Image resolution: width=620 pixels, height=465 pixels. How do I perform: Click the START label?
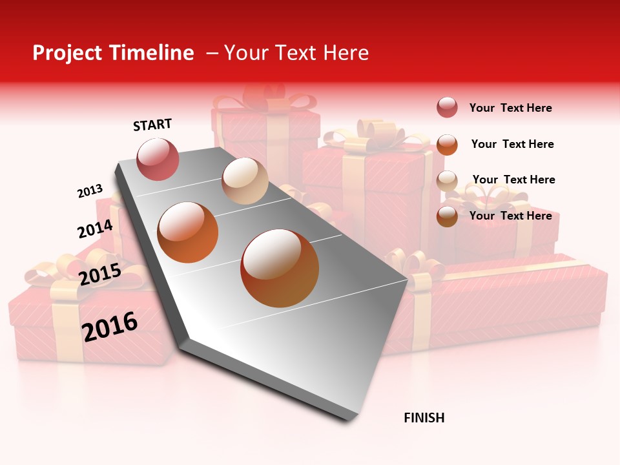pyautogui.click(x=152, y=125)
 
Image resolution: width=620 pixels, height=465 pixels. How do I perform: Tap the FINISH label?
pyautogui.click(x=424, y=418)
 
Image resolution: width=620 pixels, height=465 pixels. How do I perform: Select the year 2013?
pyautogui.click(x=90, y=191)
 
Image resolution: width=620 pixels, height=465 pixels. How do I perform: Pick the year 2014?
pyautogui.click(x=95, y=229)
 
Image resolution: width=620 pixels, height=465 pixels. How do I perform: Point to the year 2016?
pyautogui.click(x=110, y=326)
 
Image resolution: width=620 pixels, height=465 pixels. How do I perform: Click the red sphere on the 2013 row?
pyautogui.click(x=158, y=159)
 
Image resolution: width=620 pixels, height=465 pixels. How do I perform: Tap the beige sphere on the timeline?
pyautogui.click(x=245, y=181)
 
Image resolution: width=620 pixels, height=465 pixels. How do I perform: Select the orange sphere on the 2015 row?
pyautogui.click(x=187, y=232)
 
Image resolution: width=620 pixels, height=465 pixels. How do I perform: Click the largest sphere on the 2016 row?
pyautogui.click(x=279, y=267)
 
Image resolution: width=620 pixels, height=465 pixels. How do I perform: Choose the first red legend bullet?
pyautogui.click(x=447, y=108)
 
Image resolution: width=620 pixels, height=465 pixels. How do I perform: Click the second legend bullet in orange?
pyautogui.click(x=447, y=144)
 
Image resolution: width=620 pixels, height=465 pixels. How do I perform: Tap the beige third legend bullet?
pyautogui.click(x=447, y=180)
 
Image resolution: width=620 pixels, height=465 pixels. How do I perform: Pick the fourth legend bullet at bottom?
pyautogui.click(x=447, y=216)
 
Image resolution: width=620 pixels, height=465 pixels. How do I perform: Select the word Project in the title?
pyautogui.click(x=67, y=53)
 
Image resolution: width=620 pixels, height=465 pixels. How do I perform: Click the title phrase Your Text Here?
pyautogui.click(x=296, y=53)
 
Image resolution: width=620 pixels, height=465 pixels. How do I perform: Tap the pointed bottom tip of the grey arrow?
pyautogui.click(x=349, y=418)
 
